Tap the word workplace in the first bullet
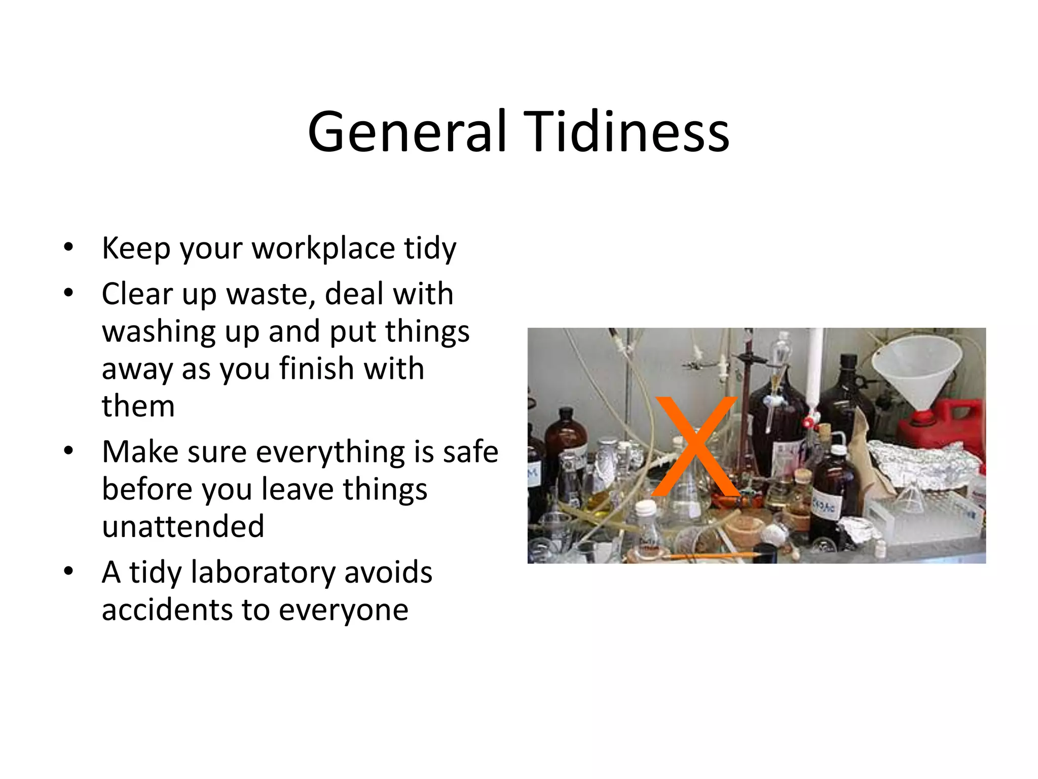323,249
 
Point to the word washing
159,332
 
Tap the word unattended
183,526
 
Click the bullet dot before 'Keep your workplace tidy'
69,248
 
